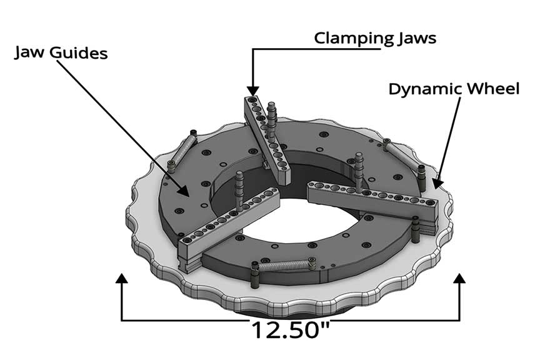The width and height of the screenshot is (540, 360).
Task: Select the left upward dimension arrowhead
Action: click(x=122, y=279)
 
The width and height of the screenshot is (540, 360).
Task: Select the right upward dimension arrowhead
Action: click(x=460, y=279)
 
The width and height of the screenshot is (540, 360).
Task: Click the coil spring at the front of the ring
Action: click(x=284, y=265)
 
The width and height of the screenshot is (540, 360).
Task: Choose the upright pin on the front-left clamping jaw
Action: click(x=239, y=191)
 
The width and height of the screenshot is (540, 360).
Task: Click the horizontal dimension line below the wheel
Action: click(x=187, y=321)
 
